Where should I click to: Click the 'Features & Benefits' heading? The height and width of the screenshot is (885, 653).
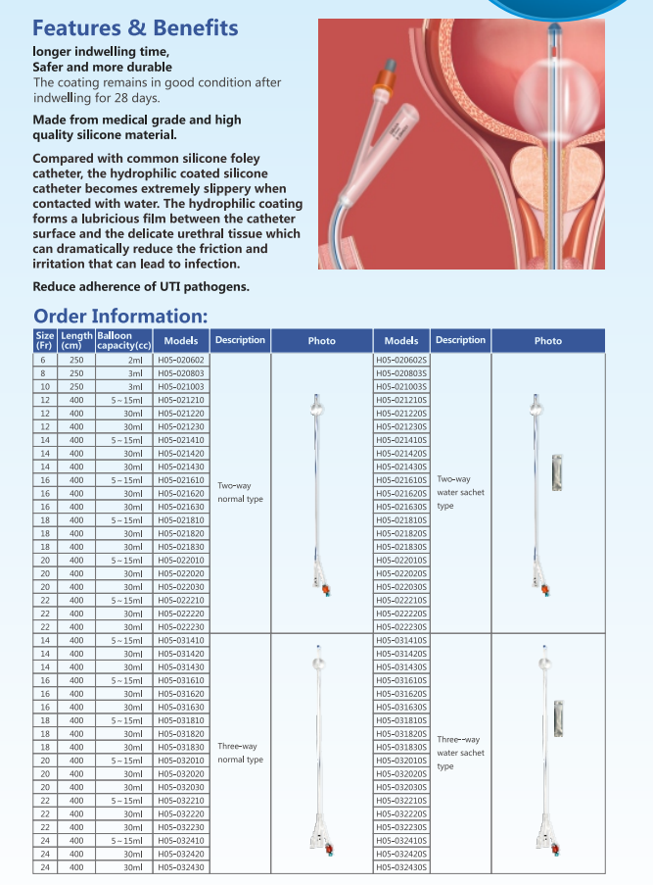click(x=135, y=27)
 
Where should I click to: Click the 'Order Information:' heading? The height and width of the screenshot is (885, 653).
click(x=120, y=316)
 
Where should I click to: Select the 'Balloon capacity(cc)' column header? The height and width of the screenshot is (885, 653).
click(x=123, y=340)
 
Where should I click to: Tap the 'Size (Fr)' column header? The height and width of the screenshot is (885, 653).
click(x=44, y=340)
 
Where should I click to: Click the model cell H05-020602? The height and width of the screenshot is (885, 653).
click(x=181, y=361)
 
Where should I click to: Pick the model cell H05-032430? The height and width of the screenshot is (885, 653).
click(x=181, y=866)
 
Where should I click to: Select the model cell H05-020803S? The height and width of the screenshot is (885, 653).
click(x=401, y=373)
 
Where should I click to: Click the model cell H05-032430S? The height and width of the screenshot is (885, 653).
click(x=401, y=866)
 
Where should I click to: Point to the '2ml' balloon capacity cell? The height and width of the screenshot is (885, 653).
click(x=134, y=361)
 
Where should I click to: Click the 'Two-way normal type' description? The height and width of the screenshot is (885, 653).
click(x=240, y=492)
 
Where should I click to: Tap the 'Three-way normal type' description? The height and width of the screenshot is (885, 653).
click(x=240, y=753)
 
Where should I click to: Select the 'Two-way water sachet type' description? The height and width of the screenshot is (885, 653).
click(x=460, y=492)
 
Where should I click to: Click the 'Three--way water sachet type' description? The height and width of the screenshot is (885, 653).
click(x=460, y=753)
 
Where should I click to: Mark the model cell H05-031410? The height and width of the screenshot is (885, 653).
click(x=181, y=640)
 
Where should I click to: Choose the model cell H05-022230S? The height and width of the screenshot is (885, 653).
click(x=401, y=626)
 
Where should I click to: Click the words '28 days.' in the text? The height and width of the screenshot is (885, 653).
click(x=132, y=98)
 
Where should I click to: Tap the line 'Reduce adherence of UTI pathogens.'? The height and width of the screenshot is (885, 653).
click(x=141, y=286)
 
